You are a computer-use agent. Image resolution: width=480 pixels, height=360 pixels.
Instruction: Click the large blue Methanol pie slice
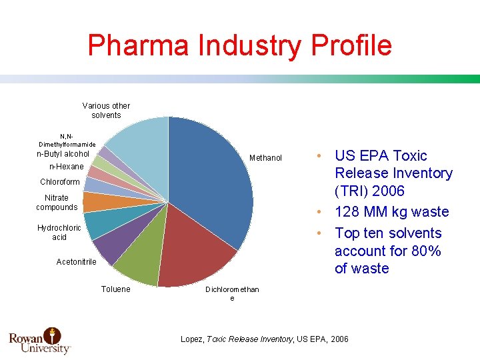[213, 180]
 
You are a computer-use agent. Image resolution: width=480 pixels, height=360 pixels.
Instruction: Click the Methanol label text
[265, 158]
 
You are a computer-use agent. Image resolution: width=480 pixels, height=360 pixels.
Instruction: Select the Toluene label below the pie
[116, 289]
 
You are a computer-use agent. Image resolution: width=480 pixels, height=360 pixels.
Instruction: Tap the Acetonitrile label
[76, 262]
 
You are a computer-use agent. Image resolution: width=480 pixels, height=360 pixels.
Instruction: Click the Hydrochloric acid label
[59, 233]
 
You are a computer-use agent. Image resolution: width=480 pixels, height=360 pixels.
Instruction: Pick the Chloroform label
[59, 182]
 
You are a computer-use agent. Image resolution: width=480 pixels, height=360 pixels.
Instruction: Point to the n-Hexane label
[67, 167]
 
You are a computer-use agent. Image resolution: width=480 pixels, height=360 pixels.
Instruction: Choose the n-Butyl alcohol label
[63, 154]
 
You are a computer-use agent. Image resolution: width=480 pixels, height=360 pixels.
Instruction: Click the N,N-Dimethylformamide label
[67, 141]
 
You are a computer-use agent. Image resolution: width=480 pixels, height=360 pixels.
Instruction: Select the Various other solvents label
[106, 111]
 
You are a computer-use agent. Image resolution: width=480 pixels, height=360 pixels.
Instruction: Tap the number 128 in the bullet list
[348, 212]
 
